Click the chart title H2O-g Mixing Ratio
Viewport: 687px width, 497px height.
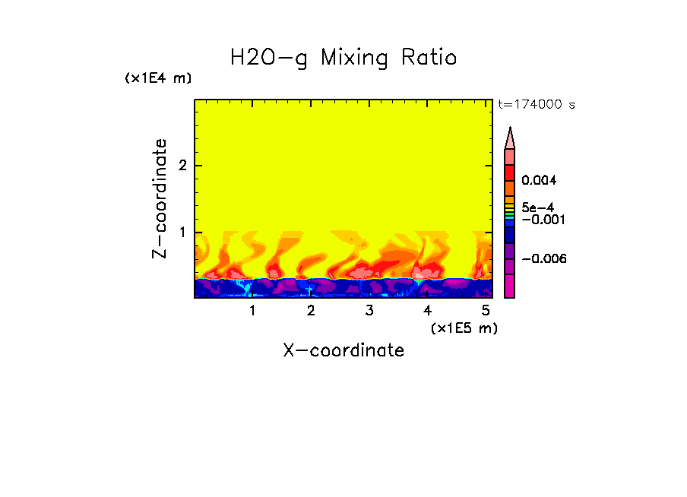pos(343,58)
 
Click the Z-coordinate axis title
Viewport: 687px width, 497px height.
pos(160,198)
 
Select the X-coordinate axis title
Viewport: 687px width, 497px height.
pos(343,350)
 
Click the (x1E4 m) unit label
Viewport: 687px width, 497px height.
pos(158,78)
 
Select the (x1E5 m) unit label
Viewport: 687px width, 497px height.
pos(464,328)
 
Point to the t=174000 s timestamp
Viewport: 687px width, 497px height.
pos(536,105)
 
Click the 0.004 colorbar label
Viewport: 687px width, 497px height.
pos(540,181)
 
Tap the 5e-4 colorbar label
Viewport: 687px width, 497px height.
pos(537,207)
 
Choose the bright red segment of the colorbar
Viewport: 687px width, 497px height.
pos(510,172)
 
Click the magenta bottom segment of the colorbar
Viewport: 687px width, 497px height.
pos(510,286)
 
